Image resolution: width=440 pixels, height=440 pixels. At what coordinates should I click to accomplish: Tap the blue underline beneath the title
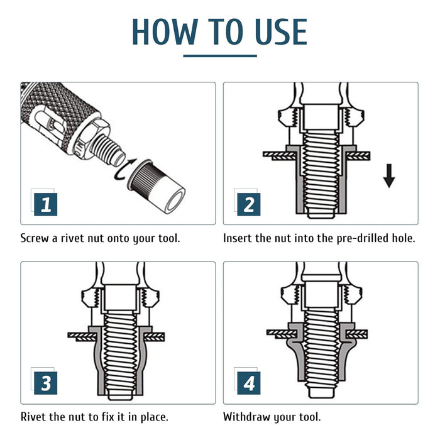pos(220,56)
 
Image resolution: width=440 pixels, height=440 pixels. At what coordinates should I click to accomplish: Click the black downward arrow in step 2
pos(389,177)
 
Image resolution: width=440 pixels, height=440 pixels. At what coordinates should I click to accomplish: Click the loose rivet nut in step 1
pos(160,189)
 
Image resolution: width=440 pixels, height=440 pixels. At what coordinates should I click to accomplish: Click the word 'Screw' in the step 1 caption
pos(36,239)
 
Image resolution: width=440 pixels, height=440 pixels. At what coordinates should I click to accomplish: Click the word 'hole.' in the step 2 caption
pos(401,239)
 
